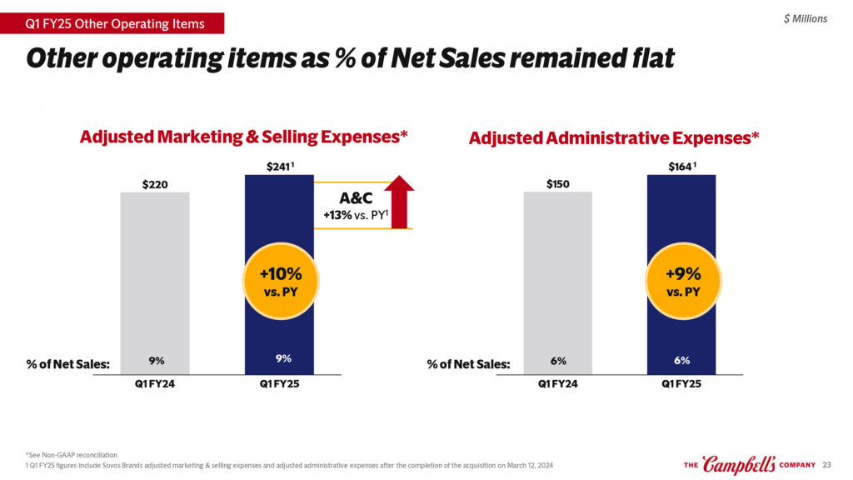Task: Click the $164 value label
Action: [680, 167]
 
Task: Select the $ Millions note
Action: [806, 18]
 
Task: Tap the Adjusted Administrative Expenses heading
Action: [614, 137]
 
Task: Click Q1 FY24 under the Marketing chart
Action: [156, 384]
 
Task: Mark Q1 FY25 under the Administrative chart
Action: [681, 384]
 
